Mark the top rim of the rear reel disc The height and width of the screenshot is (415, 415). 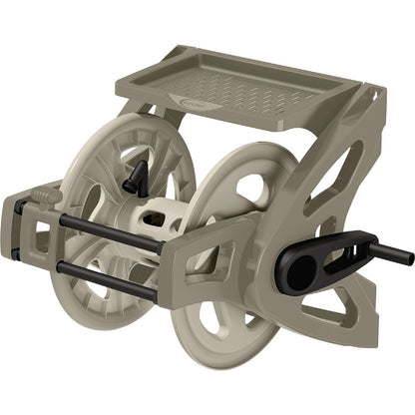[150, 121]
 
